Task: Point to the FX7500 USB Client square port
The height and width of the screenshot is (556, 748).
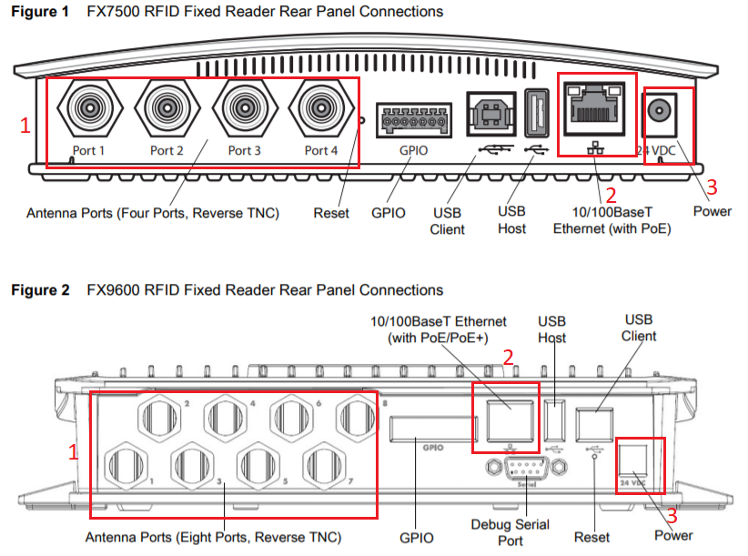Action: (491, 115)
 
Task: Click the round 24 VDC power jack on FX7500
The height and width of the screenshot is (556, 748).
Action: (662, 115)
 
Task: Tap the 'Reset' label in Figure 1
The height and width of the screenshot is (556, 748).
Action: (331, 213)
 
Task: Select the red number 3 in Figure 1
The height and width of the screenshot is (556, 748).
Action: (713, 187)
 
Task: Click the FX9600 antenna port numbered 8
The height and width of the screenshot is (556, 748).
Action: (355, 418)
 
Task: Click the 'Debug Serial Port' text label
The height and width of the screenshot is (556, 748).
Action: (510, 532)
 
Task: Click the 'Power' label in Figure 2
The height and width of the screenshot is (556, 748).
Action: (673, 535)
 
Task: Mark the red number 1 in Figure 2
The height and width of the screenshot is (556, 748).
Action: (75, 450)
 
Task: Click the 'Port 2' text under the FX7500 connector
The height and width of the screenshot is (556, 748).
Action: (167, 150)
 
